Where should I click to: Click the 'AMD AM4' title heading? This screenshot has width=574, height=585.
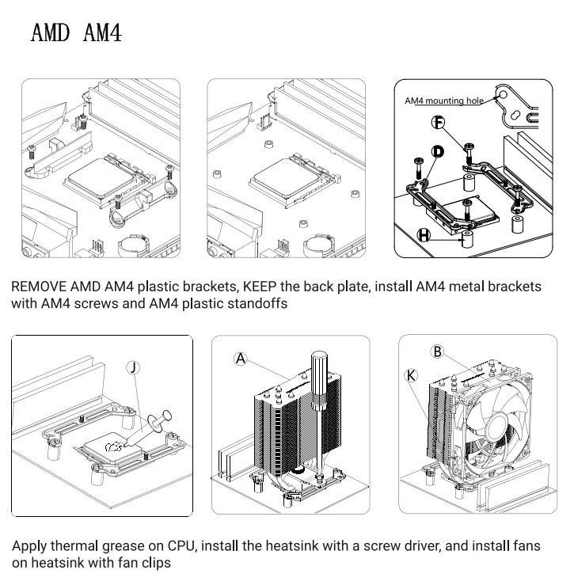click(76, 33)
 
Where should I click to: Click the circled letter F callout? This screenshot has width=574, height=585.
click(439, 122)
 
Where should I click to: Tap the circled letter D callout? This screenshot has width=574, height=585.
click(438, 151)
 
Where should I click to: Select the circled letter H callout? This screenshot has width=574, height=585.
click(424, 235)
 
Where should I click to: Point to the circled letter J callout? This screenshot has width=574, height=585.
click(134, 367)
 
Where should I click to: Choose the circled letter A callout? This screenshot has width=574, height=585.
click(241, 359)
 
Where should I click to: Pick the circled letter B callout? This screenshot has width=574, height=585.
click(437, 351)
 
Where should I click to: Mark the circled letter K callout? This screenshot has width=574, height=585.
click(411, 376)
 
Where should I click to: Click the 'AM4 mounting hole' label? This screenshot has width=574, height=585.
click(443, 101)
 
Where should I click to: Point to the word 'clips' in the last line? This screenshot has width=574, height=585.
click(154, 564)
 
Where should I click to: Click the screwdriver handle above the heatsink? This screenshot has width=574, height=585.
click(321, 376)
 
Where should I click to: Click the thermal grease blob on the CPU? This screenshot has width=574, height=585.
click(115, 446)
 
